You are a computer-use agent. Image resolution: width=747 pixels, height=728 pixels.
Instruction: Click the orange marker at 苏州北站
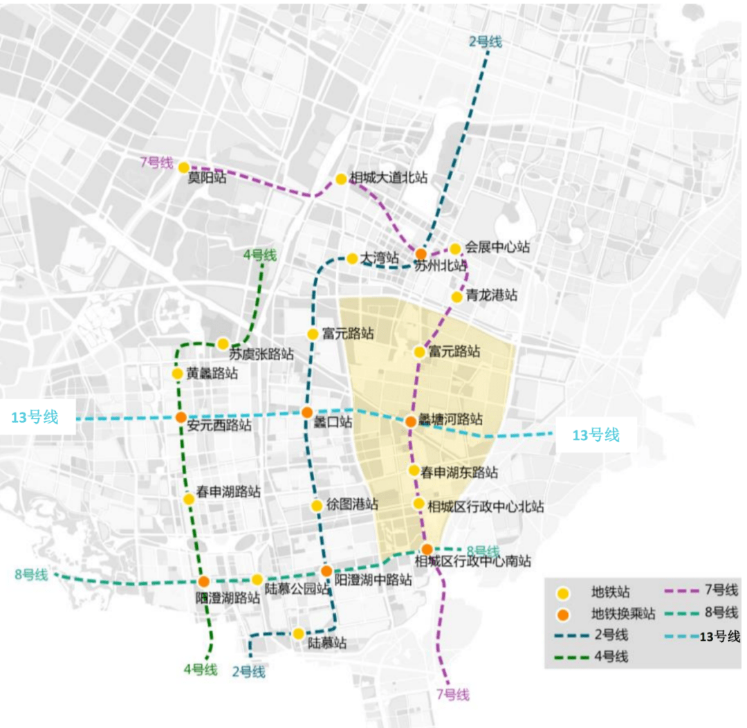coord(421,254)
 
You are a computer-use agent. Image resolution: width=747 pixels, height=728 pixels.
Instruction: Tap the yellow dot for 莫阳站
coord(184,167)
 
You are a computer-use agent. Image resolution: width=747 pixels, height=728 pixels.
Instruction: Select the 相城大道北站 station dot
coord(341,179)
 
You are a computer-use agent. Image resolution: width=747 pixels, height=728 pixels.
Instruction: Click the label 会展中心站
coord(497,247)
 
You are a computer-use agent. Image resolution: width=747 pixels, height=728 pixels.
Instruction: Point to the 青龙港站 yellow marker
coord(456,297)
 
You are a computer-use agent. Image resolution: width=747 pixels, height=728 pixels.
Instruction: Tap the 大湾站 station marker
coord(352,259)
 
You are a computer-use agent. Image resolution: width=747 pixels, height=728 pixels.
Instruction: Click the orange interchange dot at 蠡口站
coord(307,412)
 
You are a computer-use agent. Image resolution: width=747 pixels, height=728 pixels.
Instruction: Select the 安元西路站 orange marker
coord(180,417)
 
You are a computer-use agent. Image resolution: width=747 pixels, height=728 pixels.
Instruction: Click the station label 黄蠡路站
coord(212,374)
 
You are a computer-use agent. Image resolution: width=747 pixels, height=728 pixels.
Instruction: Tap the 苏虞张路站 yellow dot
coord(223,344)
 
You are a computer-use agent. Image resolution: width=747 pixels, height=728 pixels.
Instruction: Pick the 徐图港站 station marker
coord(317,506)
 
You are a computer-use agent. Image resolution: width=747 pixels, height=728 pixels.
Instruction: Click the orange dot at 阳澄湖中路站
coord(326,572)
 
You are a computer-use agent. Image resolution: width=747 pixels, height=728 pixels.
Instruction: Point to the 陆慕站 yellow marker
coord(299,634)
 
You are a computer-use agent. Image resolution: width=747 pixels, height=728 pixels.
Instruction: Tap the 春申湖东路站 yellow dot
coord(414,471)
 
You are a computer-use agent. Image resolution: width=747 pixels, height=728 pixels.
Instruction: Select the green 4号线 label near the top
coord(260,255)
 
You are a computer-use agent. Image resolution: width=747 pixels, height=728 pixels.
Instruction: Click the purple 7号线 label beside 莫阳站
coord(156,163)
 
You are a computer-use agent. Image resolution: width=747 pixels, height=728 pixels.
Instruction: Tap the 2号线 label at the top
coord(485,42)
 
